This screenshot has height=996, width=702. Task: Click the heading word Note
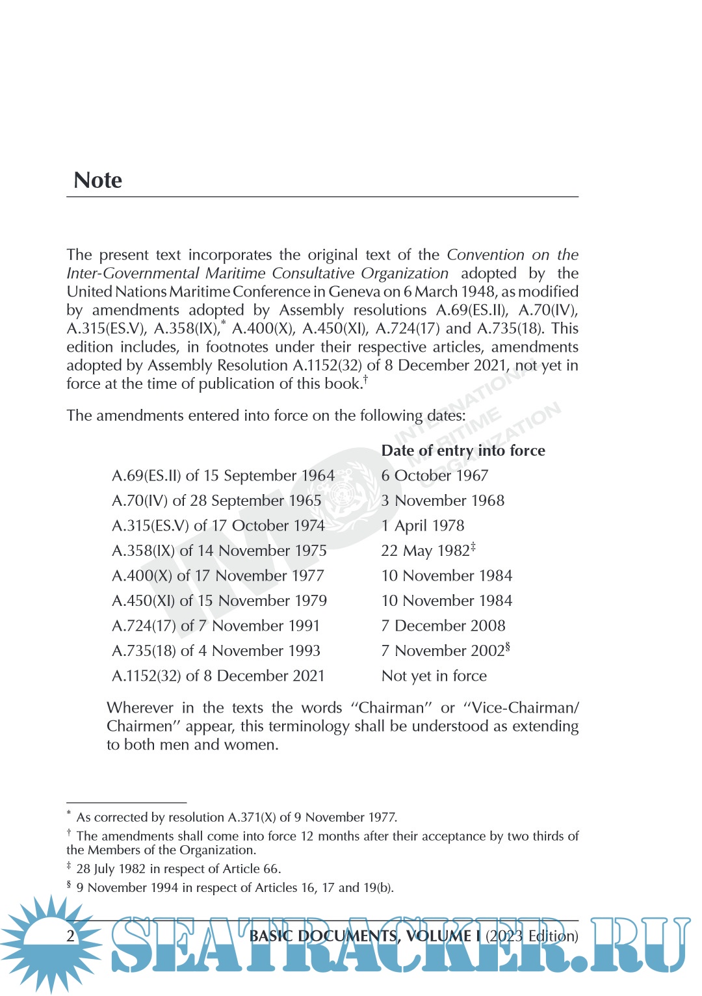[97, 180]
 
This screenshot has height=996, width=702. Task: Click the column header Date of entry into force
[463, 451]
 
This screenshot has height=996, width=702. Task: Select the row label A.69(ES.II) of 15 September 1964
[223, 476]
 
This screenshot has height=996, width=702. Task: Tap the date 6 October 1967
[434, 476]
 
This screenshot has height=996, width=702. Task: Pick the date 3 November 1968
[443, 501]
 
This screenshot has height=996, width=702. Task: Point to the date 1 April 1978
[422, 525]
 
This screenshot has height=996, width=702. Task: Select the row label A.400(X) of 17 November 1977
[218, 576]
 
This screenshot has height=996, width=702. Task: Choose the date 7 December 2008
[443, 625]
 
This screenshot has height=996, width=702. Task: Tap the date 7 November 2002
[443, 651]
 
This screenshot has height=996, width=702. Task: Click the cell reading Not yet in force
[434, 676]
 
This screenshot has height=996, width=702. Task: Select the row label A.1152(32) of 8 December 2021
[218, 676]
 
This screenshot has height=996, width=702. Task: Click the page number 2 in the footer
[71, 936]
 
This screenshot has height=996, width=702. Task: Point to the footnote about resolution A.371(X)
[237, 817]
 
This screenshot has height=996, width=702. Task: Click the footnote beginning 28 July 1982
[178, 869]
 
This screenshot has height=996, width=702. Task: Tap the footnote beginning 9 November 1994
[235, 887]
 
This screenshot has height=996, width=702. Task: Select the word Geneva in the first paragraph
[354, 292]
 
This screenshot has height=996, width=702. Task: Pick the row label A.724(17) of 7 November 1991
[216, 625]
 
